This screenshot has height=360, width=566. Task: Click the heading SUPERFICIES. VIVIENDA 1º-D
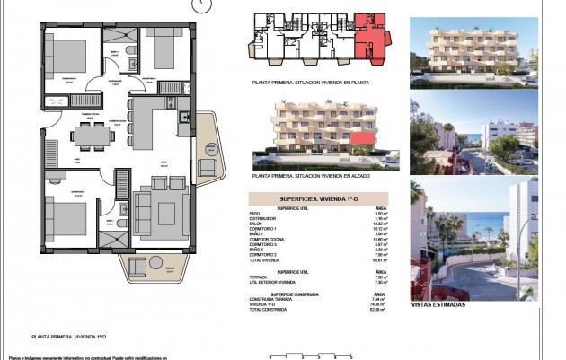pyautogui.click(x=318, y=198)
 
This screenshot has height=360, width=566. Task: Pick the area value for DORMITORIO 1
pyautogui.click(x=379, y=228)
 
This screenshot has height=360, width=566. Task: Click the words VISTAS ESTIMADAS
pyautogui.click(x=438, y=304)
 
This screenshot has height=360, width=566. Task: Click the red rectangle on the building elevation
pyautogui.click(x=362, y=137)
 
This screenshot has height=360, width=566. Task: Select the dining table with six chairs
pyautogui.click(x=92, y=135)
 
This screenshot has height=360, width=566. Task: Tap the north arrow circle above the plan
pyautogui.click(x=199, y=4)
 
